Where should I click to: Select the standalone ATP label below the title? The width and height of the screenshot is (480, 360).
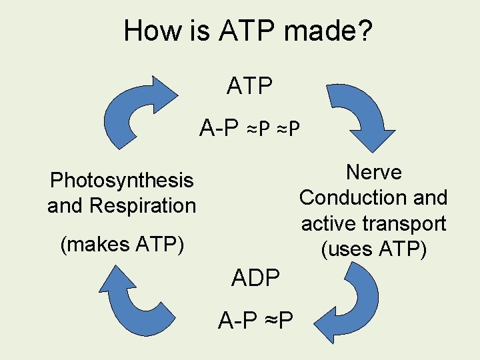(x=249, y=86)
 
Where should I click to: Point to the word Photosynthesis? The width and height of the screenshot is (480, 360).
(x=122, y=180)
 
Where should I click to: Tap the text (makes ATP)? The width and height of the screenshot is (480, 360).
(x=122, y=245)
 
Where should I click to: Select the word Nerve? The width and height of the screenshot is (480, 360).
(x=373, y=172)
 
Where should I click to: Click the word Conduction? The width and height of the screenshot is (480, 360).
(x=353, y=197)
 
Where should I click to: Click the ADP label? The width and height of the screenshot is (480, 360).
(x=255, y=277)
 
